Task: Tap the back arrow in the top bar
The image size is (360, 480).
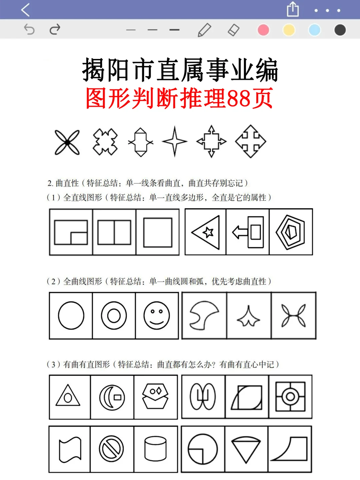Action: (x=25, y=10)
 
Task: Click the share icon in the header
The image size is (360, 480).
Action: (x=293, y=9)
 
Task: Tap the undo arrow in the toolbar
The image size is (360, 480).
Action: (x=29, y=30)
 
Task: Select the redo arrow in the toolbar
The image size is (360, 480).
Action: (x=55, y=30)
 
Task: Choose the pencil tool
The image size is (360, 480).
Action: (x=204, y=30)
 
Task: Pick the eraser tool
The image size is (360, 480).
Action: (x=233, y=30)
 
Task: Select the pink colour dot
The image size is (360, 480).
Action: (x=263, y=30)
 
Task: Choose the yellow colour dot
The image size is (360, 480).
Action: (x=289, y=30)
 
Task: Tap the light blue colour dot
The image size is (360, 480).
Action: (x=314, y=30)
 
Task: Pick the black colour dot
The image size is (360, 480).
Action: (x=340, y=30)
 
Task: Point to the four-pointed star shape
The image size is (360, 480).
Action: (x=175, y=141)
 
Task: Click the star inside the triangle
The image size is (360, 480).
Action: (x=208, y=232)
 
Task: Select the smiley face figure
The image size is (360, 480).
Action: (x=157, y=316)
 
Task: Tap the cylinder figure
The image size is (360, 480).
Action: (x=155, y=449)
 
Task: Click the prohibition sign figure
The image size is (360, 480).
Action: (x=111, y=449)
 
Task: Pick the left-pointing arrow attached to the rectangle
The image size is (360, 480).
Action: (x=239, y=232)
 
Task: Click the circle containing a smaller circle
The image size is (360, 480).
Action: (x=114, y=316)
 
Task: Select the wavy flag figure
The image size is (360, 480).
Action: (x=70, y=449)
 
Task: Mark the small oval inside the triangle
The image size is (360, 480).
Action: (x=68, y=398)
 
